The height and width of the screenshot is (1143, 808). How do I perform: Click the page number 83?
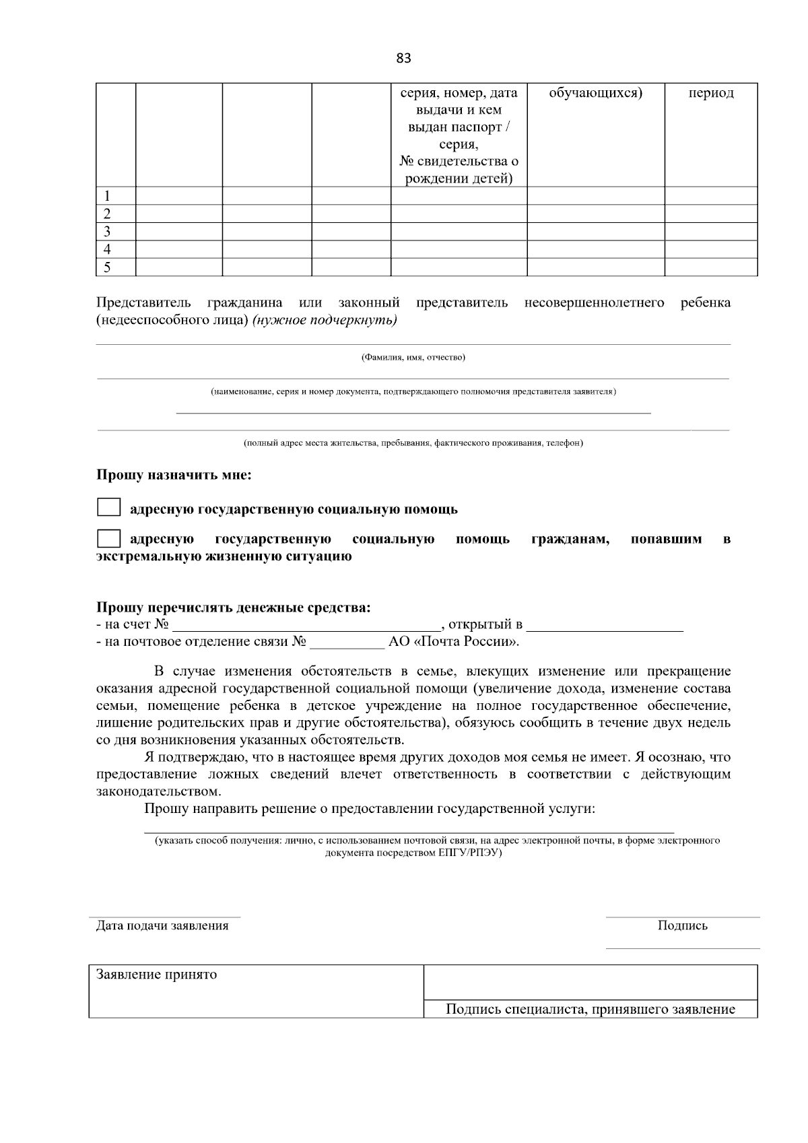click(x=403, y=59)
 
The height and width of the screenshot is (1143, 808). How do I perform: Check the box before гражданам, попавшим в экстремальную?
click(x=108, y=539)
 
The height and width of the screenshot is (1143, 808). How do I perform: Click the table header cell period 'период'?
click(x=710, y=93)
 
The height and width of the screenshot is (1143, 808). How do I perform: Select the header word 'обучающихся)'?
click(x=595, y=93)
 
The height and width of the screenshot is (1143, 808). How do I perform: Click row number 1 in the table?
click(x=107, y=196)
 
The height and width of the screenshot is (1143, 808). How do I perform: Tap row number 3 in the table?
click(x=107, y=232)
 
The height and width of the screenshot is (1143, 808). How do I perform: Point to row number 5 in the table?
click(x=107, y=267)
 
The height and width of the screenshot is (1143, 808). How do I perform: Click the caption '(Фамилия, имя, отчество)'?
click(x=413, y=357)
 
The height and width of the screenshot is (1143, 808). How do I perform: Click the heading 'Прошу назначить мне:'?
click(x=174, y=476)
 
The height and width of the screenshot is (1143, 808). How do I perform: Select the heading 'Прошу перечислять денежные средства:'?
click(x=233, y=608)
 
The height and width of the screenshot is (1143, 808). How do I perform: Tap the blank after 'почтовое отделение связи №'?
click(x=346, y=642)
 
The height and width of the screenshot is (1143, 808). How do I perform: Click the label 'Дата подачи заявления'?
click(x=162, y=925)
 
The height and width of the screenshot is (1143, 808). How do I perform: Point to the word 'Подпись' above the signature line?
click(x=682, y=925)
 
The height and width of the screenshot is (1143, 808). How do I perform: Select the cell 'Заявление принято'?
click(x=156, y=975)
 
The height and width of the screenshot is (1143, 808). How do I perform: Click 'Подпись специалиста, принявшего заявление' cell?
click(x=590, y=1009)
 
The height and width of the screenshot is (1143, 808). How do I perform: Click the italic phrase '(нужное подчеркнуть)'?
click(x=325, y=320)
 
